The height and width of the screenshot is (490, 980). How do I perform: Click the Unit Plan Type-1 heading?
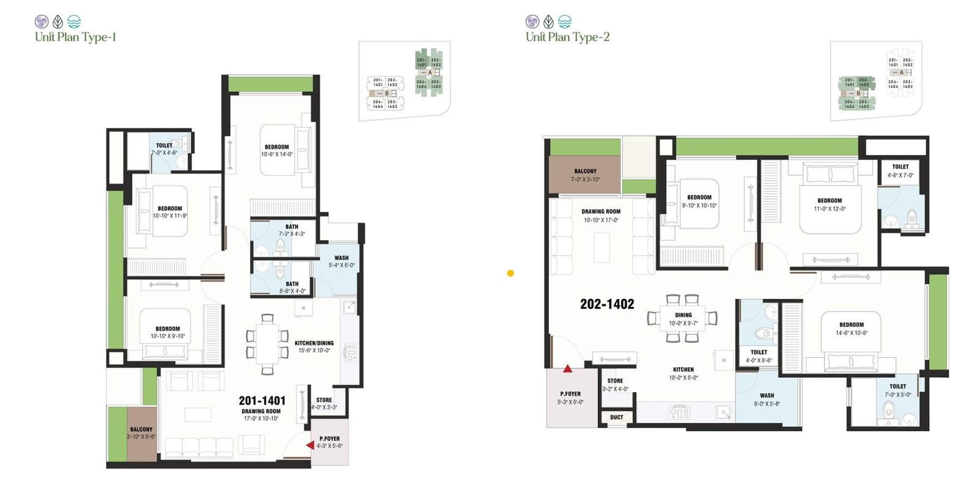pyautogui.click(x=75, y=37)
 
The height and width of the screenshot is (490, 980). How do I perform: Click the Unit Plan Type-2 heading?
pyautogui.click(x=567, y=37)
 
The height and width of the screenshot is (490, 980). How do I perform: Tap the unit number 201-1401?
pyautogui.click(x=262, y=401)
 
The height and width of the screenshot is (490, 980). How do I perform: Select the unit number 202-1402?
pyautogui.click(x=607, y=304)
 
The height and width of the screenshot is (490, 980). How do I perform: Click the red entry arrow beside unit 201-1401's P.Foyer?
pyautogui.click(x=311, y=445)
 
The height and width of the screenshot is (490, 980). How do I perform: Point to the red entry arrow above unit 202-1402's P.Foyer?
pyautogui.click(x=568, y=369)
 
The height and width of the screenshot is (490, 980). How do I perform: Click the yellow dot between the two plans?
pyautogui.click(x=510, y=273)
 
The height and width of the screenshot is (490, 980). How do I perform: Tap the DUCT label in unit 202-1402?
pyautogui.click(x=616, y=418)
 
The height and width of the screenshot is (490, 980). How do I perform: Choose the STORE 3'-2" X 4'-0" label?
pyautogui.click(x=615, y=385)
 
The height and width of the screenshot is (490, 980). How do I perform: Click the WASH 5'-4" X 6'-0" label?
pyautogui.click(x=341, y=262)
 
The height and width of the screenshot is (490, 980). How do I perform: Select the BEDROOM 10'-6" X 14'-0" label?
pyautogui.click(x=277, y=151)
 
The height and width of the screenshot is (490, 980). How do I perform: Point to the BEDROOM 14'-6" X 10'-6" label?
pyautogui.click(x=851, y=329)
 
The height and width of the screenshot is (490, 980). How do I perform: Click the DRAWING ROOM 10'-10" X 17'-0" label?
pyautogui.click(x=601, y=216)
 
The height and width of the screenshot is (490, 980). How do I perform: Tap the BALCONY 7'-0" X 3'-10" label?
pyautogui.click(x=585, y=175)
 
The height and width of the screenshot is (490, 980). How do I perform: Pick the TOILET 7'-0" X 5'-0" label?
pyautogui.click(x=897, y=390)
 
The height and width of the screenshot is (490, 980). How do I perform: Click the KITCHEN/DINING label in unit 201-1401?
pyautogui.click(x=314, y=347)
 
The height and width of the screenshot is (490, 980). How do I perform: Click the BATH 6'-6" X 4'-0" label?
pyautogui.click(x=292, y=287)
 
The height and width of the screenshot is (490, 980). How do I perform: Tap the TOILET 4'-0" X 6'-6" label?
pyautogui.click(x=759, y=356)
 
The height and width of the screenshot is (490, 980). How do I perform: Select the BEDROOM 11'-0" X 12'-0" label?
pyautogui.click(x=829, y=205)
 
